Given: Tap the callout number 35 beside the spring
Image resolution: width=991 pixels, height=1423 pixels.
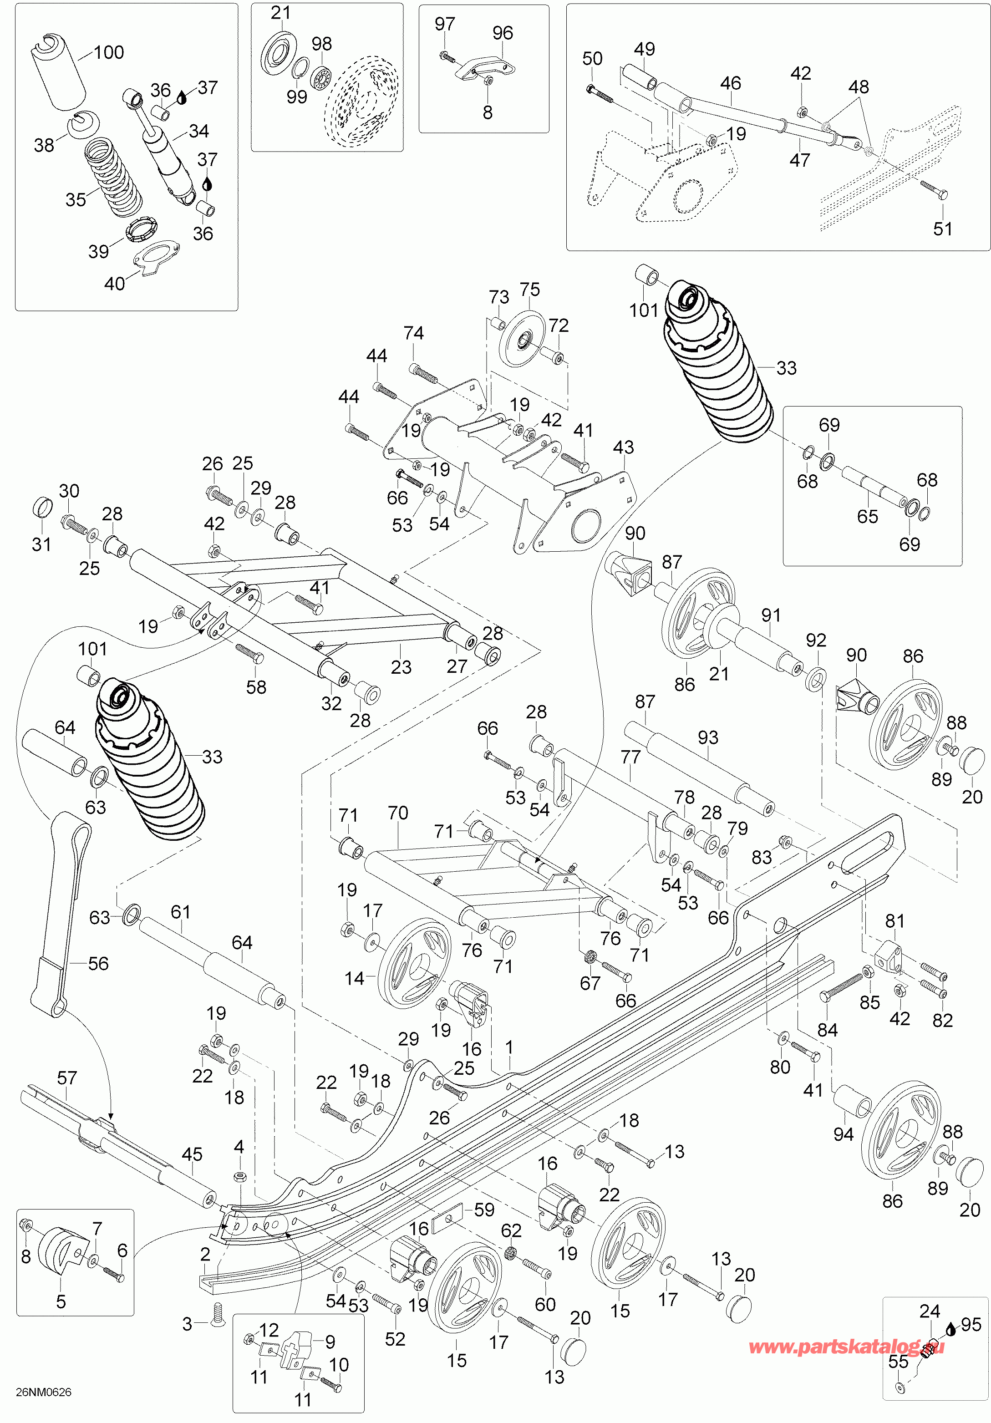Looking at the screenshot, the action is (76, 199).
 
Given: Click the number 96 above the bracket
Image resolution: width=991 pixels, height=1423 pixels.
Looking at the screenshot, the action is (503, 33).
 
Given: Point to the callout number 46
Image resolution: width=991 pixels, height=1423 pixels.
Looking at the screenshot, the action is (731, 83).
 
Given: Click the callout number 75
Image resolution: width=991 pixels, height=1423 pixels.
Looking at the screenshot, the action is (530, 290).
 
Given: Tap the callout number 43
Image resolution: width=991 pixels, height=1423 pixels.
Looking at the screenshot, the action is (624, 447).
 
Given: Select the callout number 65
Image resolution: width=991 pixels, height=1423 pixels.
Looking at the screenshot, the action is (868, 516).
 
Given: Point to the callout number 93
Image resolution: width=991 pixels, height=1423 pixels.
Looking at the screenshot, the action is (708, 737).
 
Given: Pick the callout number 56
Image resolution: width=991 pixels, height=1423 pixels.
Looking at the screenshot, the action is (98, 963).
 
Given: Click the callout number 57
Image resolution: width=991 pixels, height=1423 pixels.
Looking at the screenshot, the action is (67, 1078).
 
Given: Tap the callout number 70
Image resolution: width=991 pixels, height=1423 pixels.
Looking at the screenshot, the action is (398, 813).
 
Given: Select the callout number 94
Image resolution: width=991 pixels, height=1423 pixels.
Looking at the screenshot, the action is (844, 1134).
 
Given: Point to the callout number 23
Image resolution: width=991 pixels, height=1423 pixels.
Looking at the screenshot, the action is (401, 667).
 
